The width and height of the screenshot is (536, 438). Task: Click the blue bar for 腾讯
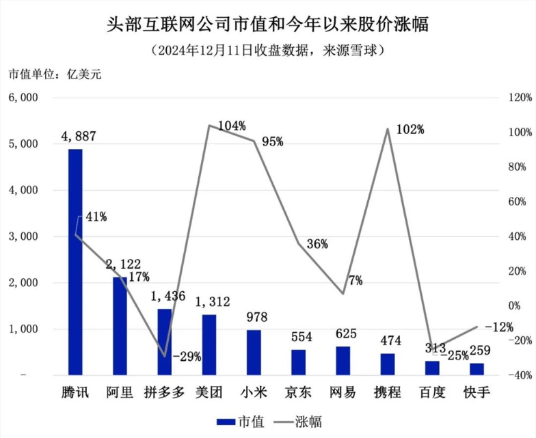75,262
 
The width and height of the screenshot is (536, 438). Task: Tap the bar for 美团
209,344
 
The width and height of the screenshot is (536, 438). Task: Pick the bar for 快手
477,369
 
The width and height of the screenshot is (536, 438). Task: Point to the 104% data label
232,126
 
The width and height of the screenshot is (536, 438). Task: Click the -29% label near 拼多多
186,356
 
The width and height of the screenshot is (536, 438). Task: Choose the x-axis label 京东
299,393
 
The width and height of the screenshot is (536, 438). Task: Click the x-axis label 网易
343,393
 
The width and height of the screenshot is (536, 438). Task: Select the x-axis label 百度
433,393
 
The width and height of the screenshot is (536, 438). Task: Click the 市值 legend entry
235,421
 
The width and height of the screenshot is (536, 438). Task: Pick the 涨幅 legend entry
298,421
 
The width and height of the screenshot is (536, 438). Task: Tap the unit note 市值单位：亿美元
54,74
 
